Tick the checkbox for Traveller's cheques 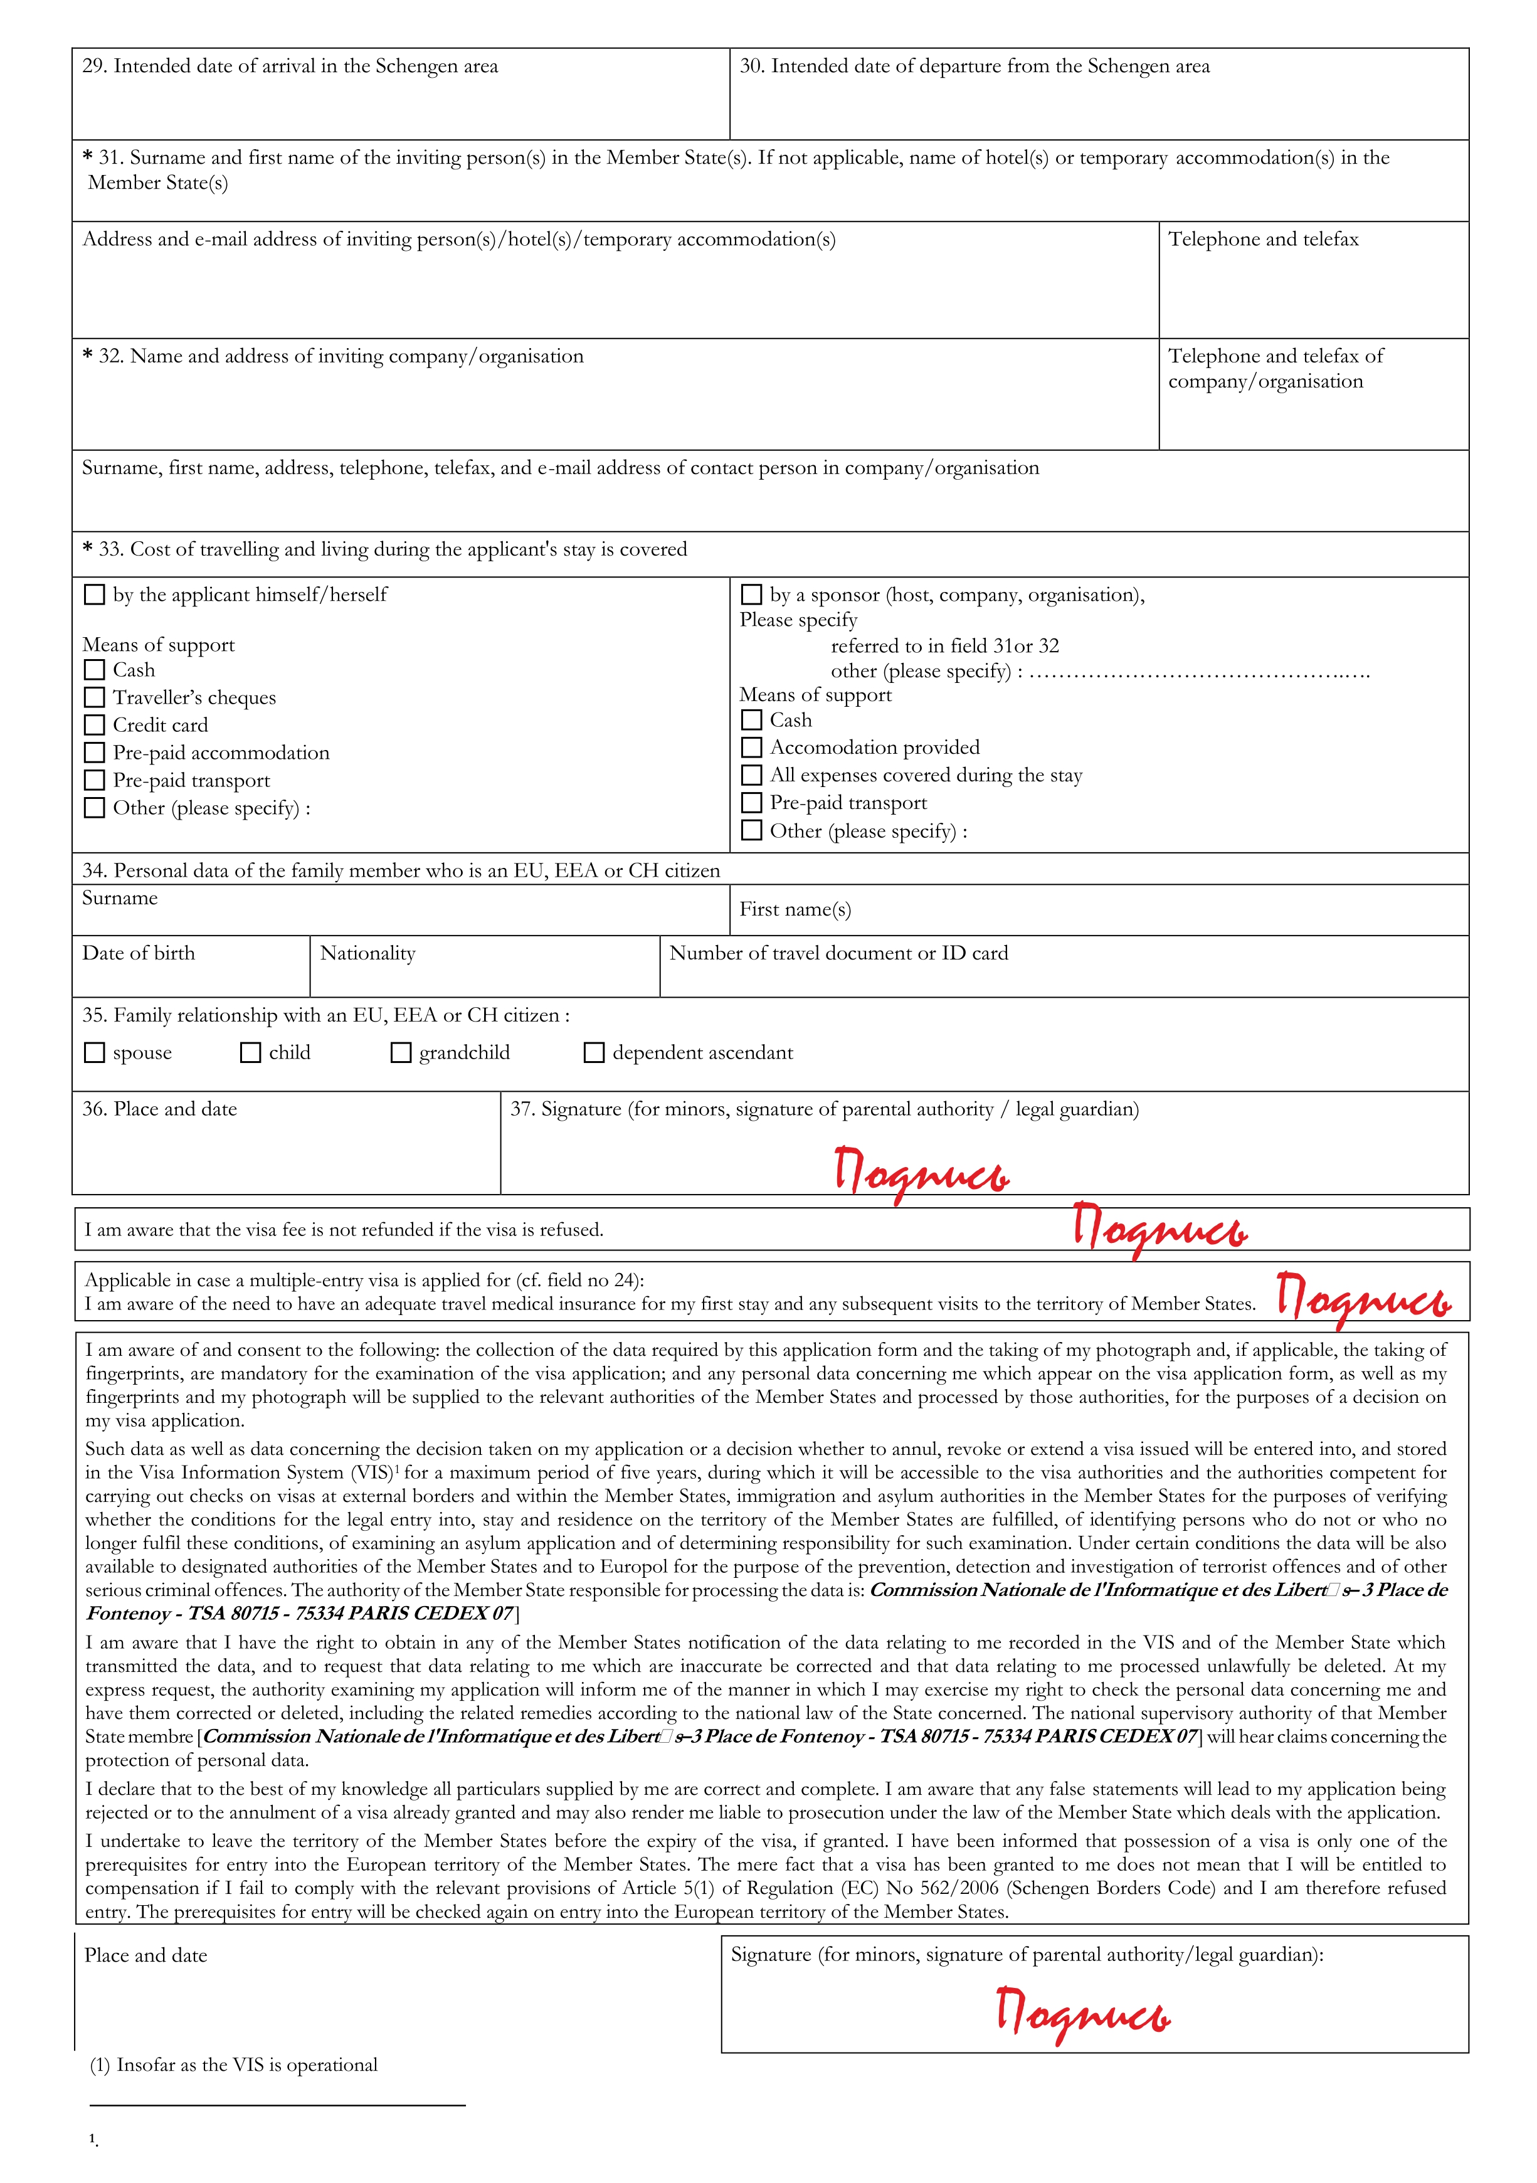[94, 698]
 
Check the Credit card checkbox [94, 726]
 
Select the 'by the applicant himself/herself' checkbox [94, 595]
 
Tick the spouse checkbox [94, 1054]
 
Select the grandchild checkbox [401, 1054]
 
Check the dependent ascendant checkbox [594, 1054]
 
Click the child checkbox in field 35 [250, 1054]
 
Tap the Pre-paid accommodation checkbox [94, 753]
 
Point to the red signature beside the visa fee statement [1159, 1229]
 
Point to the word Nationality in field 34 [368, 954]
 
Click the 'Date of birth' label [139, 954]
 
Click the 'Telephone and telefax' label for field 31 [1263, 240]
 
